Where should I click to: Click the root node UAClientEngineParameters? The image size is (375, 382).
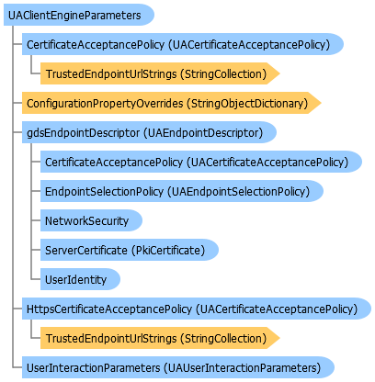[x=79, y=15]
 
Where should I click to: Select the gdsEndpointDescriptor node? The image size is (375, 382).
[x=149, y=132]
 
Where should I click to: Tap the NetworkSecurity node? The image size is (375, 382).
[x=91, y=220]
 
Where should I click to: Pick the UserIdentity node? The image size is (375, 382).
[x=80, y=279]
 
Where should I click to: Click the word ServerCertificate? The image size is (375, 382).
[x=86, y=251]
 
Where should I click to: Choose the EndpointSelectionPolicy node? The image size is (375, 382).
[x=182, y=191]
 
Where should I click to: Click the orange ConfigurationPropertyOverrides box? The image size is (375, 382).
[x=172, y=103]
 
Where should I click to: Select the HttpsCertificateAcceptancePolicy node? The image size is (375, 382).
[x=197, y=309]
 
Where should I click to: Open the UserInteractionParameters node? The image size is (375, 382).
[x=178, y=367]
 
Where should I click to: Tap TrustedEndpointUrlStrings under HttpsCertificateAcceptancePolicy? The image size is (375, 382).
[x=160, y=338]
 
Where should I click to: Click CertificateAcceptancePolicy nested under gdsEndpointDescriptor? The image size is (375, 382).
[x=201, y=162]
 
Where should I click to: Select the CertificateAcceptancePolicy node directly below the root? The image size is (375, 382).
[x=183, y=44]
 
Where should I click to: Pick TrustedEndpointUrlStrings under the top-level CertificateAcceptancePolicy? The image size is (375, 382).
[x=160, y=73]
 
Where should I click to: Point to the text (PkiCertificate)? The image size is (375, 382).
[x=168, y=251]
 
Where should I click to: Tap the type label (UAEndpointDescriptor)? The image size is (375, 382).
[x=203, y=133]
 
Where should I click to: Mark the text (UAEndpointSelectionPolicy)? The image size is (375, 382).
[x=238, y=192]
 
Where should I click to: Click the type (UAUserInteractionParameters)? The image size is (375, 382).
[x=242, y=368]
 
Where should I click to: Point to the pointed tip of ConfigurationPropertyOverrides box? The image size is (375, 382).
[x=321, y=103]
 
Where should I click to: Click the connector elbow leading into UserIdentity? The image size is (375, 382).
[x=31, y=279]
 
